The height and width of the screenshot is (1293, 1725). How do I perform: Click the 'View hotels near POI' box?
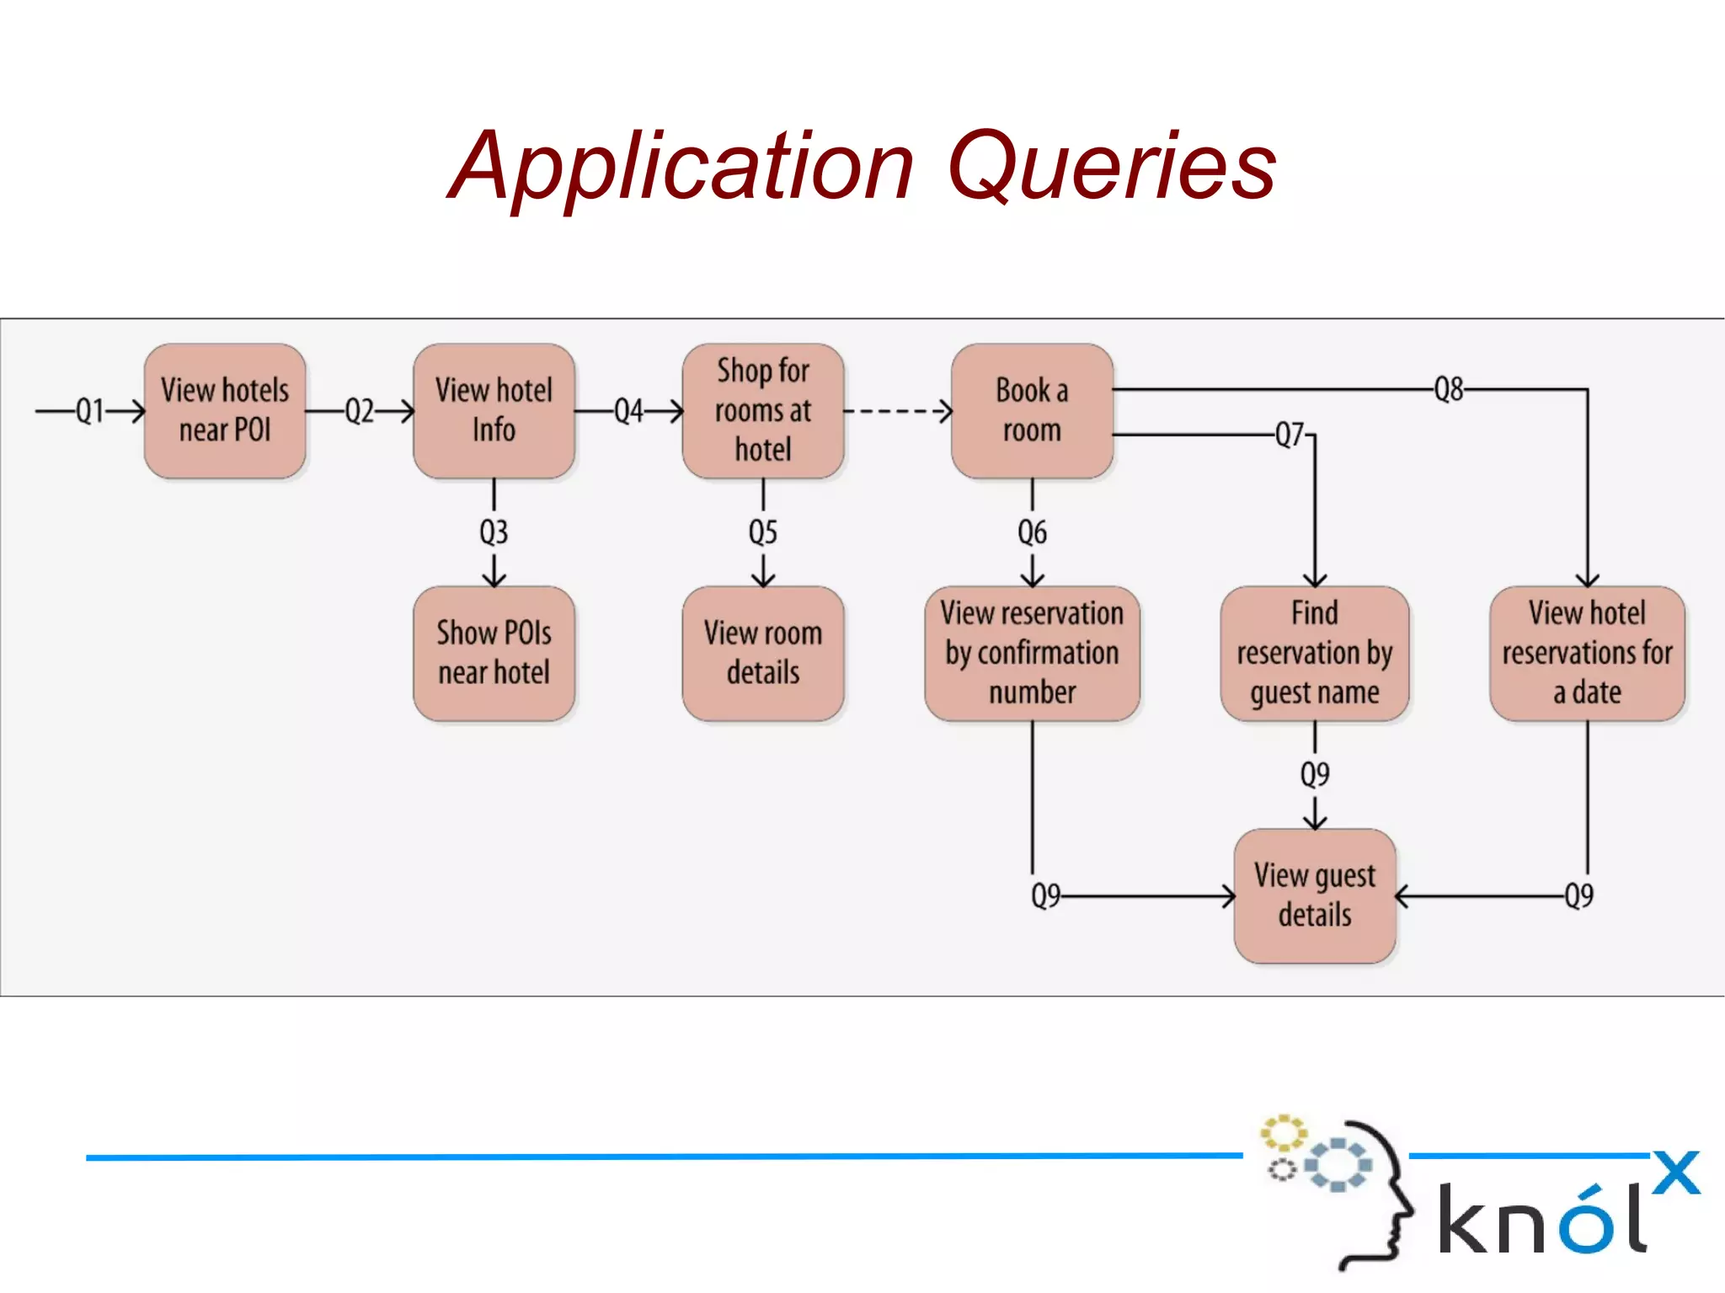225,411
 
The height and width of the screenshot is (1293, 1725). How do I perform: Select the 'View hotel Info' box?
494,411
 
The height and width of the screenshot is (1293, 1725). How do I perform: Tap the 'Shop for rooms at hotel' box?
763,411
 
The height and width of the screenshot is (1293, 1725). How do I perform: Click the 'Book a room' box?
1032,411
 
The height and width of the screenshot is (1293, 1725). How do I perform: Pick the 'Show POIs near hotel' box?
494,654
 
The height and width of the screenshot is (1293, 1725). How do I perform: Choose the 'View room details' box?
763,654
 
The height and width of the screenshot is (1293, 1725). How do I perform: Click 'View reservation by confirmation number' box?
1032,654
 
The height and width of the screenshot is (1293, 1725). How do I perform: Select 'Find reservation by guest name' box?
1314,654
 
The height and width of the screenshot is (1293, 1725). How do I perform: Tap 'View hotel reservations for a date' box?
1587,654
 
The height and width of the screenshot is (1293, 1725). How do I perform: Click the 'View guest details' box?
1314,896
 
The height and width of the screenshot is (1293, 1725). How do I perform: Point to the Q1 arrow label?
90,411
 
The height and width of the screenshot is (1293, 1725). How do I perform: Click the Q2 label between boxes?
360,411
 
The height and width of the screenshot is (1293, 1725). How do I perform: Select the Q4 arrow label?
628,411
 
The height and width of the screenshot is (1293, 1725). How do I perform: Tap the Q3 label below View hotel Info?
494,532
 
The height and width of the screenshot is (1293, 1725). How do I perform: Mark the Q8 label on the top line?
1449,389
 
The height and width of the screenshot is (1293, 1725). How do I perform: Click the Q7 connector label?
1290,435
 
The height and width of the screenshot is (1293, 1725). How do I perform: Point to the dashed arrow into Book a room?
898,411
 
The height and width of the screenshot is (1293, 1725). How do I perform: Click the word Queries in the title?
1112,166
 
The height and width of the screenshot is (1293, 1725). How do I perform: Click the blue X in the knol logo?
1676,1173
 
